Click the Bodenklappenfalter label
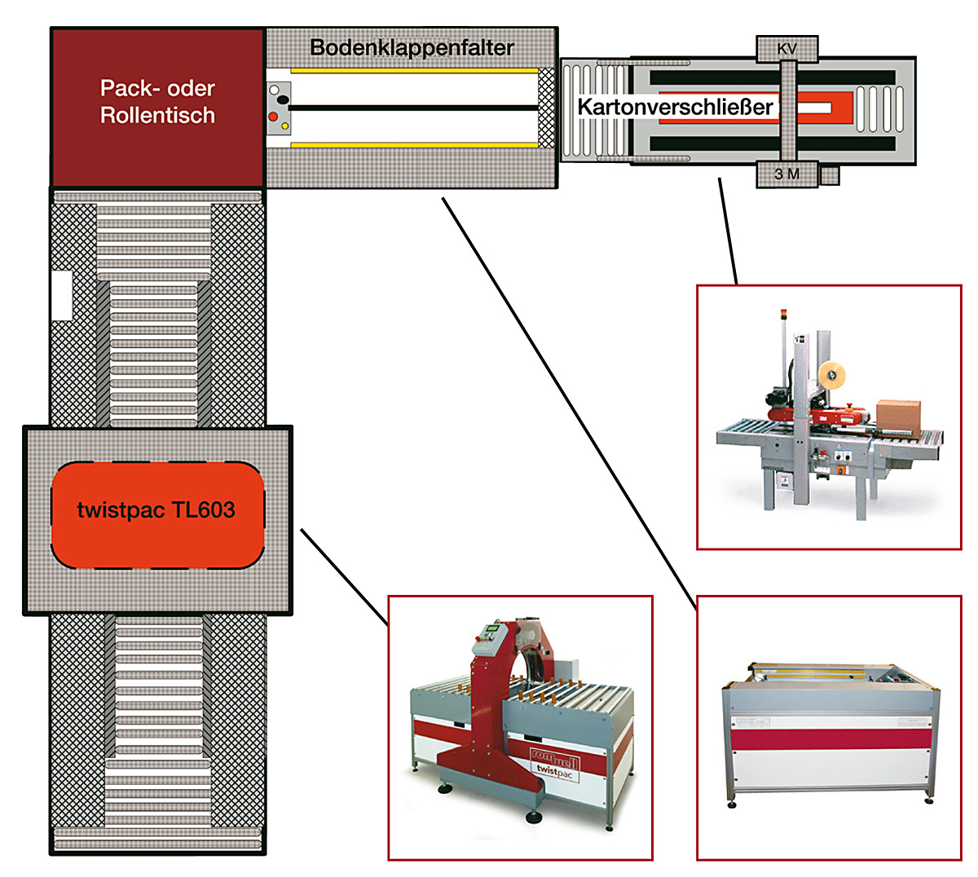412,47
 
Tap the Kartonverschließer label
675,106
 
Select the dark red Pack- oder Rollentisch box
157,106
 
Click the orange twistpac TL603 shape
157,514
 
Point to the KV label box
786,49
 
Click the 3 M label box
786,174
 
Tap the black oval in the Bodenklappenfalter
284,99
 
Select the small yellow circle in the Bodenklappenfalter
284,126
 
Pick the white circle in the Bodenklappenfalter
274,90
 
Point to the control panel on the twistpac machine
487,634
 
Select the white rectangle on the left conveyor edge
61,294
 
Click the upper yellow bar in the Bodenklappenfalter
414,71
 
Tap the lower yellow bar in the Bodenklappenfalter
414,145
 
